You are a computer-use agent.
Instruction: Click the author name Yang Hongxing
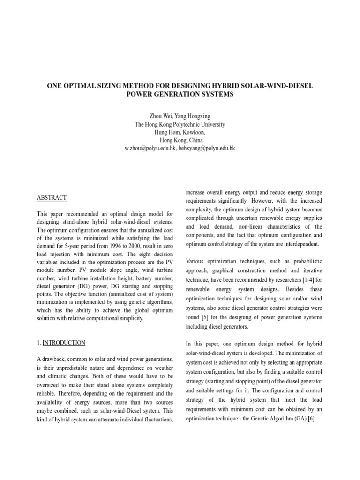(x=189, y=116)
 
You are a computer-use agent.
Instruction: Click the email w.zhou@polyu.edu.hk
(x=150, y=148)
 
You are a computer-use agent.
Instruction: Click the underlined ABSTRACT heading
(x=52, y=198)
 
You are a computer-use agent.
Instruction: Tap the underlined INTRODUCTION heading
(x=64, y=343)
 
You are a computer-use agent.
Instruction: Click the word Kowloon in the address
(x=194, y=132)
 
